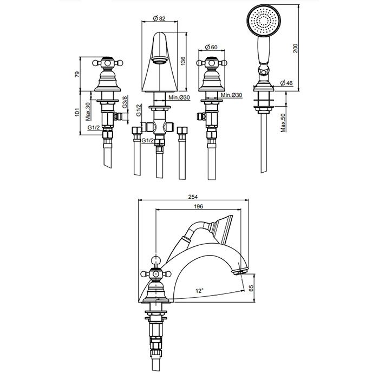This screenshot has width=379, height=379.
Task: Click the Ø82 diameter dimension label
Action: [x=159, y=18]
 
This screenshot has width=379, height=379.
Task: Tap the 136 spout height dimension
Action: [x=183, y=61]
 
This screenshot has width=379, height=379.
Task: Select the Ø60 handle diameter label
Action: [x=211, y=47]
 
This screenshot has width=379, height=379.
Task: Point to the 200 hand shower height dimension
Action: [x=296, y=48]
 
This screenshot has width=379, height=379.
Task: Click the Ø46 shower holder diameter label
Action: [x=286, y=83]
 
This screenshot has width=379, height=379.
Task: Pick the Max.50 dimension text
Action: [x=283, y=123]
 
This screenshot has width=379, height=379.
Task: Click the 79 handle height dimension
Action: [x=77, y=74]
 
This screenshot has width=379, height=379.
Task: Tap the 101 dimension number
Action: [x=77, y=112]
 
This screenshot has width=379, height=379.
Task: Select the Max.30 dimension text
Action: [x=88, y=112]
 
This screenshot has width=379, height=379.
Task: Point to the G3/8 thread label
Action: [x=125, y=102]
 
